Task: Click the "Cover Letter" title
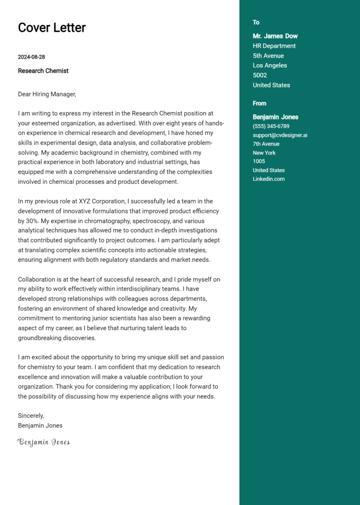[52, 28]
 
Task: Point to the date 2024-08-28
[31, 57]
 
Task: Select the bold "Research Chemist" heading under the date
[43, 71]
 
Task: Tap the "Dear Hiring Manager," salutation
[47, 94]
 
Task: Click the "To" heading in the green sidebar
[256, 22]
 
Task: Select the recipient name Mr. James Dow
[275, 36]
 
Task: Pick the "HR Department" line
[274, 46]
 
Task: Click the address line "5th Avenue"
[268, 56]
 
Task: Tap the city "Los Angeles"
[270, 66]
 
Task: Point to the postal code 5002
[260, 75]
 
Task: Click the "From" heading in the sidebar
[259, 104]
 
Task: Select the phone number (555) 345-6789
[271, 126]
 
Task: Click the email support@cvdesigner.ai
[280, 135]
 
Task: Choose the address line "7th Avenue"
[266, 144]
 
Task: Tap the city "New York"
[264, 153]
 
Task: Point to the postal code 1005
[259, 161]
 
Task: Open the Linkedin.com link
[269, 179]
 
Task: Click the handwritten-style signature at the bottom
[44, 442]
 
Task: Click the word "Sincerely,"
[31, 416]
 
